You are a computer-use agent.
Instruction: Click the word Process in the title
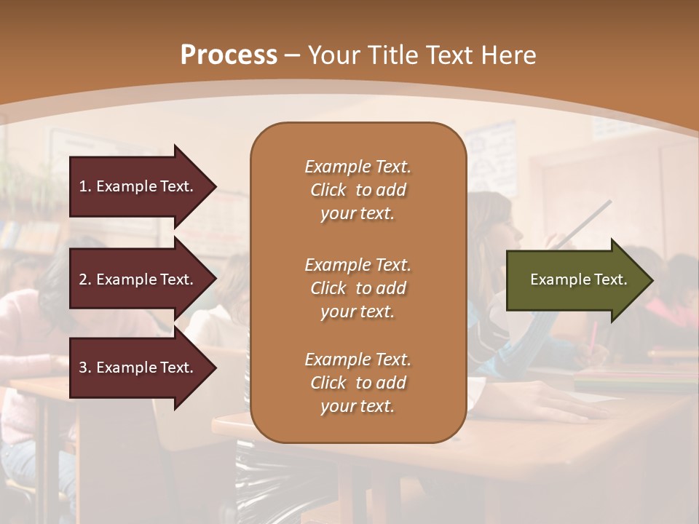229,55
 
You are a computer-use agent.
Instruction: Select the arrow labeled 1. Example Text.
138,186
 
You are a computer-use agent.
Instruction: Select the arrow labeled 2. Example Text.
138,279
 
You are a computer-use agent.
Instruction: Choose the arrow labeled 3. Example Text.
138,368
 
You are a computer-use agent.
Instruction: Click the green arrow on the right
575,279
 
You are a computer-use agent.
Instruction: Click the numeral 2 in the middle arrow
83,279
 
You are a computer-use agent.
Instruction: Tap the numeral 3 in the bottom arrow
83,368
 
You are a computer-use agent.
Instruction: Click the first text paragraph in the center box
358,190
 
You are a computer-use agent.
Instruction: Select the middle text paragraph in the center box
358,288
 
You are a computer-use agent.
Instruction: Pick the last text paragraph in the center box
358,383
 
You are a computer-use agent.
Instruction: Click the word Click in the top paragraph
328,190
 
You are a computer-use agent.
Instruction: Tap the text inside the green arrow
578,279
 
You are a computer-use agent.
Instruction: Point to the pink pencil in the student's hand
593,334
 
